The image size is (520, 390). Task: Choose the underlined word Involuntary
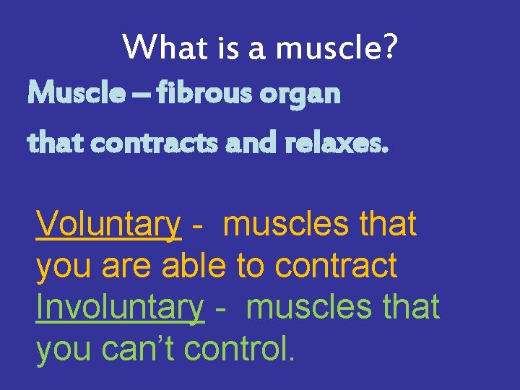coord(120,307)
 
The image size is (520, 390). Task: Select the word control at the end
coord(238,348)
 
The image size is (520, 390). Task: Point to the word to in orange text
coord(251,266)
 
